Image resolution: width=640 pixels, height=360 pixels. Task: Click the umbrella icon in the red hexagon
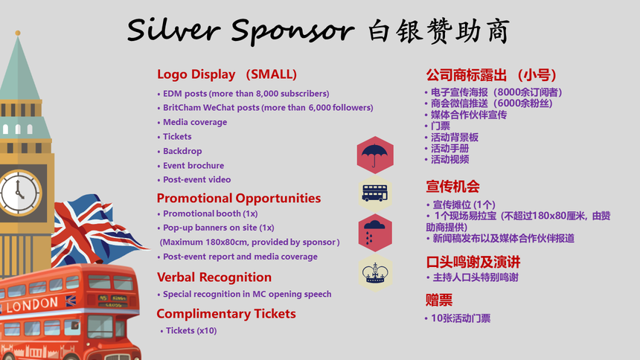(374, 155)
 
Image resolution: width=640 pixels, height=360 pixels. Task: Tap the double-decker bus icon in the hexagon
(374, 193)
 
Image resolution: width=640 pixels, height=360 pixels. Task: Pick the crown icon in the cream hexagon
(375, 273)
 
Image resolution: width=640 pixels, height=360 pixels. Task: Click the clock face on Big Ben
(19, 193)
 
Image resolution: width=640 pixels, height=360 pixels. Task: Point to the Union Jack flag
(98, 230)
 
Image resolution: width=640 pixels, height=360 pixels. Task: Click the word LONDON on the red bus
(32, 304)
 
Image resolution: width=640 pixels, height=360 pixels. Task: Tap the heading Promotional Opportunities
(239, 198)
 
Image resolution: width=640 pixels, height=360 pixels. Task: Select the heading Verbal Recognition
(214, 277)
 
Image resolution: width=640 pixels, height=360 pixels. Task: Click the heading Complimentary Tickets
(226, 313)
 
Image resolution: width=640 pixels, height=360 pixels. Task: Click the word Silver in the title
(174, 30)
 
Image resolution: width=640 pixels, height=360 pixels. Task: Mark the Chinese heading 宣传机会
(452, 187)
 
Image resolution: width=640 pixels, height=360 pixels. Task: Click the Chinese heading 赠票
(439, 300)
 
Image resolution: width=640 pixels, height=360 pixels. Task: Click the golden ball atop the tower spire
(18, 33)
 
